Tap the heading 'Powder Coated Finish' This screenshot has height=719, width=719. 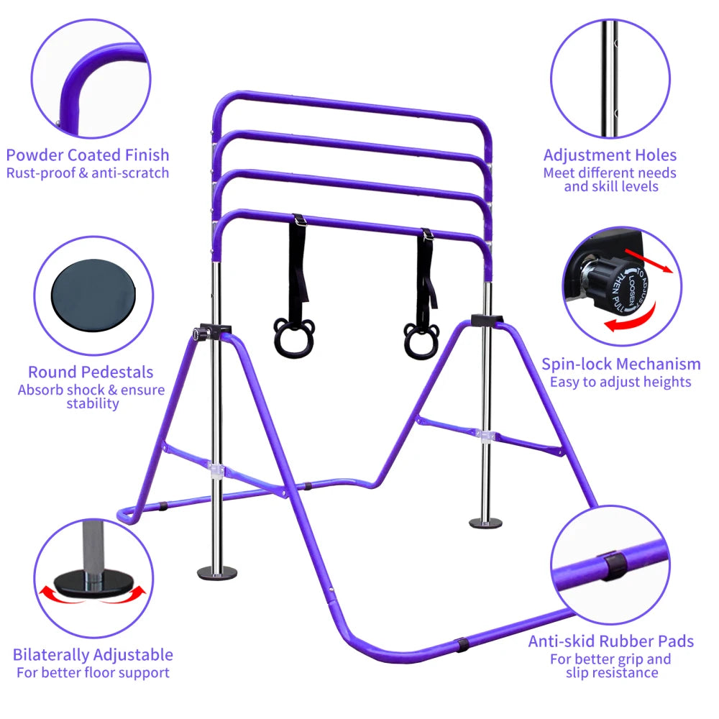tap(88, 155)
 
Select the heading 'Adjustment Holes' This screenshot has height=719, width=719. tap(610, 155)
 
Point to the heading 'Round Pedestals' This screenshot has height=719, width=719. tap(91, 372)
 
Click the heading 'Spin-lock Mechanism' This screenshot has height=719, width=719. tap(620, 364)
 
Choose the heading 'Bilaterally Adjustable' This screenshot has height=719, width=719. tap(93, 654)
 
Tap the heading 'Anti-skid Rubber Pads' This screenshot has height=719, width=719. tap(610, 641)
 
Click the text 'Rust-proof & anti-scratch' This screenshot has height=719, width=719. tap(88, 173)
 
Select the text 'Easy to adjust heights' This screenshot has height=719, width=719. tap(620, 382)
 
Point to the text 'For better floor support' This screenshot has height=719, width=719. tap(93, 673)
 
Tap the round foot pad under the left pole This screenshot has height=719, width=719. tap(217, 572)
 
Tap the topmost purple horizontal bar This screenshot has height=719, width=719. tap(352, 104)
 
